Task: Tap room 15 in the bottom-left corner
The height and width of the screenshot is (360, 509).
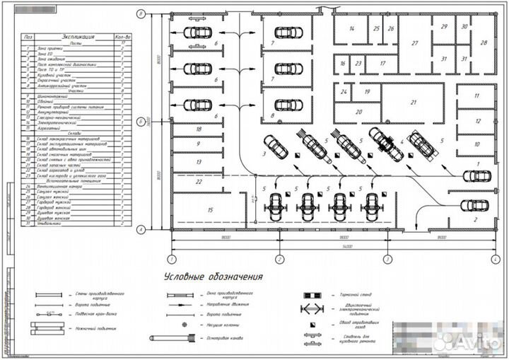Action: tap(209, 210)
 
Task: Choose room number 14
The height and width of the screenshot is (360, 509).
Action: tap(351, 29)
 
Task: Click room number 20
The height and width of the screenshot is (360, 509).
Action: tap(358, 112)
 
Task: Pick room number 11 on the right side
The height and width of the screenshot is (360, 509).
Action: tap(477, 95)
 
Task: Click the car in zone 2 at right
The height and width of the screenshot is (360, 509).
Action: tap(474, 206)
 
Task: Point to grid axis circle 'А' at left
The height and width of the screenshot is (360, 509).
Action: tap(141, 229)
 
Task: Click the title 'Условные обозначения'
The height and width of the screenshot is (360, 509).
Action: tap(213, 277)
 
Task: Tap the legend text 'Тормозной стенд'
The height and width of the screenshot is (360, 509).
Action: tap(347, 294)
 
